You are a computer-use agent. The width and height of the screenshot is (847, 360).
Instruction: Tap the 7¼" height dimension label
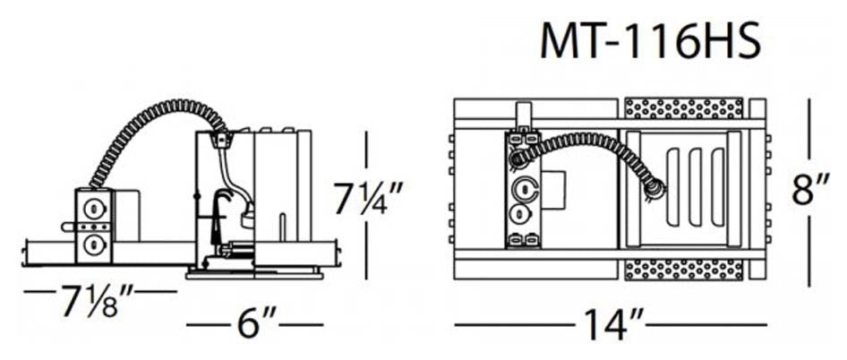coord(368,199)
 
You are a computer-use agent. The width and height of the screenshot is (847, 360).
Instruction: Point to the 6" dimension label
coord(256,324)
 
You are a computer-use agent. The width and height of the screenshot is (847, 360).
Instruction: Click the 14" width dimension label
coord(611,324)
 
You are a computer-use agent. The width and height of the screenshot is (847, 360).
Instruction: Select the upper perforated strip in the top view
coord(683,108)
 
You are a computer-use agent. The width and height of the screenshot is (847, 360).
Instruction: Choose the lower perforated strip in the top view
coord(683,270)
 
